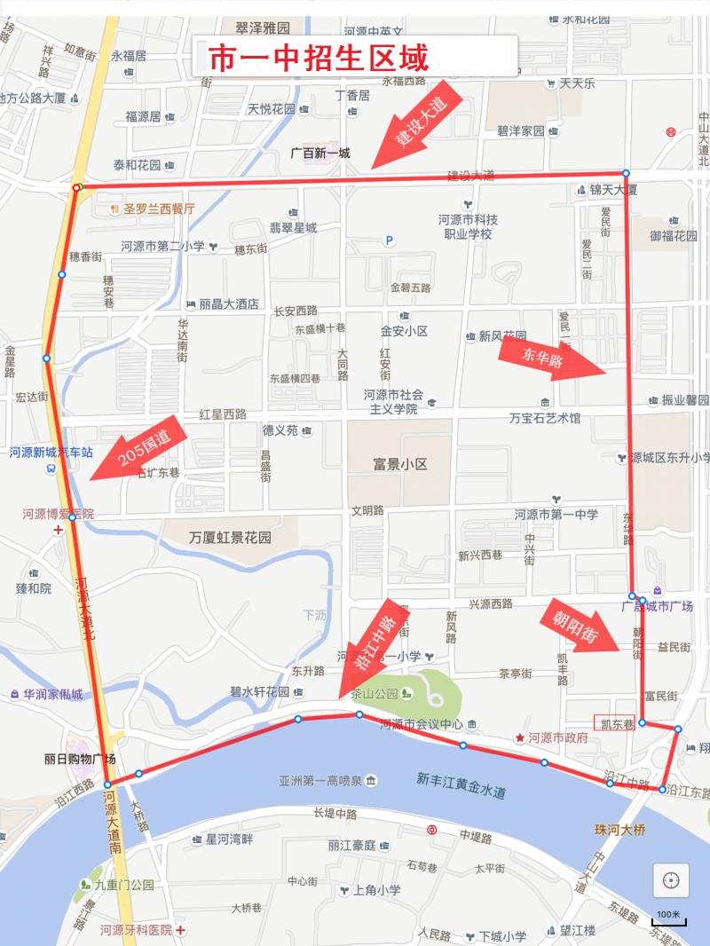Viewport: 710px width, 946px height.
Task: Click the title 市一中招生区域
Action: coord(318,59)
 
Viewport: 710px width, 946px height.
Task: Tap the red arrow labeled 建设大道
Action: coord(417,125)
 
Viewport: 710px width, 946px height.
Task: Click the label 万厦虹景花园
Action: coord(230,538)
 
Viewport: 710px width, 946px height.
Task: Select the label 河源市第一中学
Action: coord(556,514)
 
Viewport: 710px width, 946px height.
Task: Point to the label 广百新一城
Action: coord(319,153)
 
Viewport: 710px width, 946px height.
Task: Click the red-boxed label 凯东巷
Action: coord(614,723)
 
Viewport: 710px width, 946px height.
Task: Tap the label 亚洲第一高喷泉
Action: coord(319,781)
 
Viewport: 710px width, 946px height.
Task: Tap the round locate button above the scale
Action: coord(671,880)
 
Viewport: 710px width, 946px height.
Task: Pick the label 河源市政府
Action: coord(557,737)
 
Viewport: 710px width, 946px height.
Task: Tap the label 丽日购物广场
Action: coord(79,759)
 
